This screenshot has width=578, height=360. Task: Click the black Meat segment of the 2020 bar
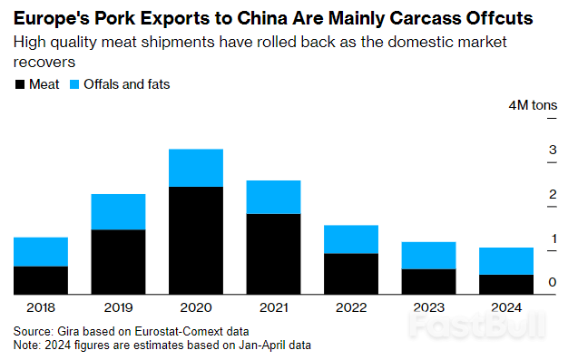[196, 240]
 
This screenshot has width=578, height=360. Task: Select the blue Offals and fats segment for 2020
[196, 168]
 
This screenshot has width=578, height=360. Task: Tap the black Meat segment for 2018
[40, 280]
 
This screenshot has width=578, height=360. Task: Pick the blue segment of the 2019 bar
[118, 211]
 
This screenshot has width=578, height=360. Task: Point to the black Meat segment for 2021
[273, 254]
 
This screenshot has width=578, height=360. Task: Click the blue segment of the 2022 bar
[351, 239]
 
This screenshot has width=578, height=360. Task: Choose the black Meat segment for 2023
[428, 281]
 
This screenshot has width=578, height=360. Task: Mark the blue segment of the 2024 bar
[506, 261]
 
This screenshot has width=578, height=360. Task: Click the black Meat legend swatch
[21, 85]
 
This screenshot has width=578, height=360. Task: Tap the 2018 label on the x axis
[40, 307]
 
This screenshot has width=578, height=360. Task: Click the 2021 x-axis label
[273, 307]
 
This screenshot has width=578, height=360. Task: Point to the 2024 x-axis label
[506, 307]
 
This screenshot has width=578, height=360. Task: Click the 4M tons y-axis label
[533, 106]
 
